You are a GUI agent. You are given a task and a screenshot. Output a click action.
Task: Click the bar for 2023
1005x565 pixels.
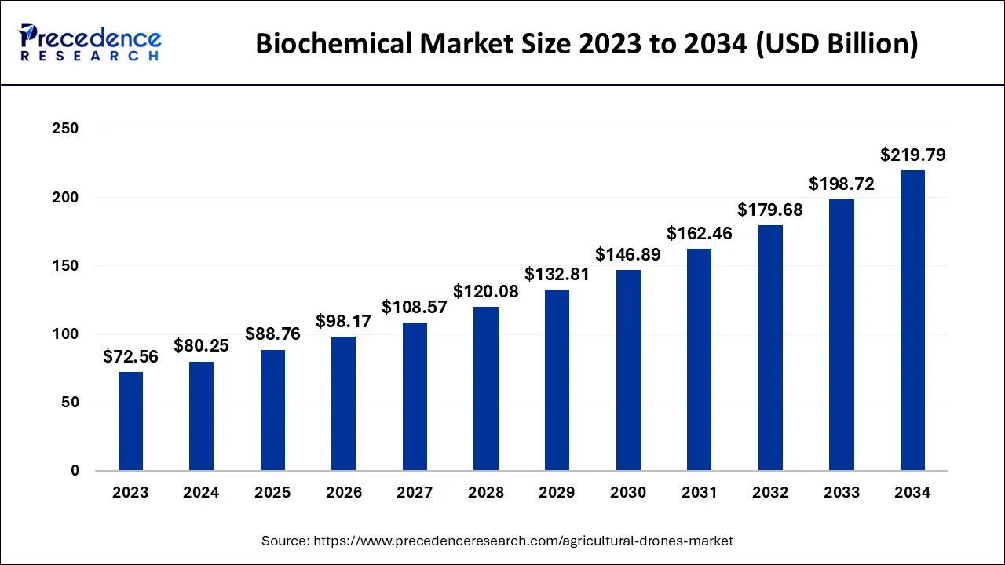click(x=131, y=421)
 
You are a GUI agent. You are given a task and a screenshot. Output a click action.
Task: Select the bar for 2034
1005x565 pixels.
click(x=912, y=321)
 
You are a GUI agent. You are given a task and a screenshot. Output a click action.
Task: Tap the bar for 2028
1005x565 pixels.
click(x=486, y=388)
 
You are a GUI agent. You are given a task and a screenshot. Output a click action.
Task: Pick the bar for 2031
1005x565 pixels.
click(x=700, y=360)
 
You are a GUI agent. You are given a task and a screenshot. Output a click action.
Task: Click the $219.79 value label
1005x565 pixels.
click(x=912, y=155)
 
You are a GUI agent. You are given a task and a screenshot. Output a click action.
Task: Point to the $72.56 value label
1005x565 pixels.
click(x=131, y=357)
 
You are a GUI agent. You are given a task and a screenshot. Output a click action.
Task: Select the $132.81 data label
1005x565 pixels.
click(x=557, y=275)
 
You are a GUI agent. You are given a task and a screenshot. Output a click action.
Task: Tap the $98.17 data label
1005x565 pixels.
click(x=344, y=322)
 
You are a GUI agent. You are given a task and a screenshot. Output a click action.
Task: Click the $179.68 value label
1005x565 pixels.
click(x=770, y=210)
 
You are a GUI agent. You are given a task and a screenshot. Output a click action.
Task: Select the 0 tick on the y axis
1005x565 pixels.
click(x=74, y=471)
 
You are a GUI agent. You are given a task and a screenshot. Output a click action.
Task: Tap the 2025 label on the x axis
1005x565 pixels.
click(x=272, y=493)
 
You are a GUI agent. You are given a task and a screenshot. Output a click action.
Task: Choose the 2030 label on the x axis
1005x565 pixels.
click(x=628, y=493)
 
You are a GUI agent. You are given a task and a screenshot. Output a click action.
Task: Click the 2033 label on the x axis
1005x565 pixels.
click(x=842, y=493)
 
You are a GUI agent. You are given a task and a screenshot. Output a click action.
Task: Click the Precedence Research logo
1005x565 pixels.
click(x=90, y=42)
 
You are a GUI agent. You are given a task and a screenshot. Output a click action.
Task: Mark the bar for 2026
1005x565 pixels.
click(x=344, y=404)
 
